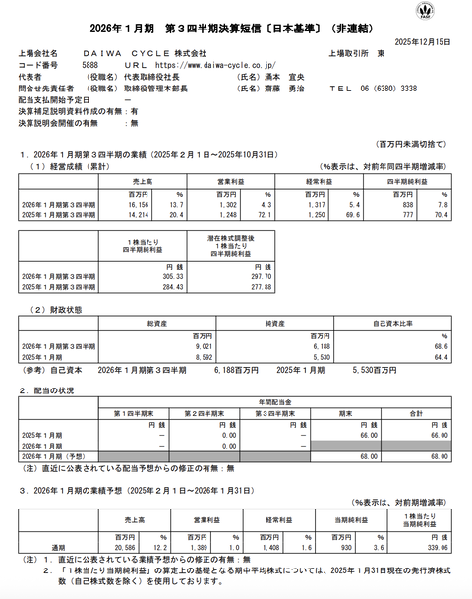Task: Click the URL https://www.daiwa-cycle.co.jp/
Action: pyautogui.click(x=197, y=65)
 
